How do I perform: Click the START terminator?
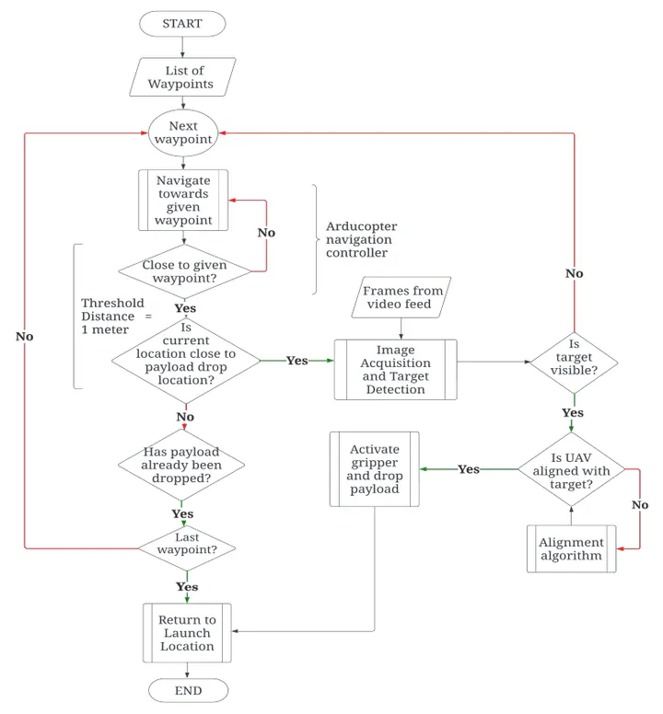click(x=182, y=24)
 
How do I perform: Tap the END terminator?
click(x=188, y=690)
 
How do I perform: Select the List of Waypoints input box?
click(x=182, y=77)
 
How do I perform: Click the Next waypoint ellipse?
click(x=183, y=132)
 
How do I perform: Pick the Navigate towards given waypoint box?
click(x=183, y=200)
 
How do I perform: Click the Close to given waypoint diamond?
click(x=184, y=271)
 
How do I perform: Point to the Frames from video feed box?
click(x=401, y=297)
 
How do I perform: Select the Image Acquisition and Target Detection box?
click(x=396, y=369)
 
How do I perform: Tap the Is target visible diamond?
click(x=575, y=363)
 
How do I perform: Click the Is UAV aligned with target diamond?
click(x=572, y=469)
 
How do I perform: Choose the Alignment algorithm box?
click(x=572, y=548)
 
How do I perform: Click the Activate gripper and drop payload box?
click(x=375, y=469)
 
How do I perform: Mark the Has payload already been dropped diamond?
click(x=181, y=465)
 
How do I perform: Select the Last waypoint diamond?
click(x=187, y=548)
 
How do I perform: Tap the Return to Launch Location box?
click(x=187, y=633)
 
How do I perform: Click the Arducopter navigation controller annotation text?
click(x=361, y=239)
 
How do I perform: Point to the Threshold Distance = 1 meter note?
click(x=117, y=316)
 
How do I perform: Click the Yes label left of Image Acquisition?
click(x=297, y=361)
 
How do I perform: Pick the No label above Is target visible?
click(x=575, y=273)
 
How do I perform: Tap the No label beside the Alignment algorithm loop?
click(x=640, y=504)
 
